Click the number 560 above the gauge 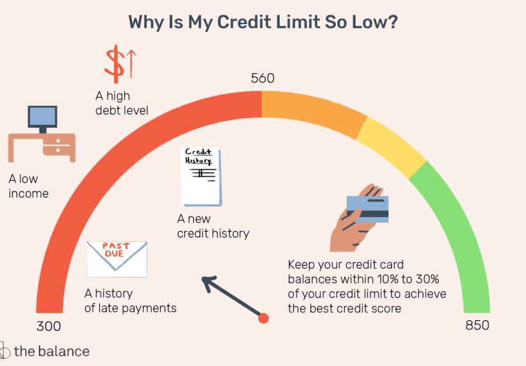tap(262, 78)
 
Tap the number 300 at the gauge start tap(48, 327)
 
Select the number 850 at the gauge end tap(477, 325)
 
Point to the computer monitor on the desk tap(43, 118)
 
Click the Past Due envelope tap(117, 258)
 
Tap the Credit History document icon tap(201, 176)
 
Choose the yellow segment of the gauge tap(390, 145)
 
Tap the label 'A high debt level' tap(122, 103)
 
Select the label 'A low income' tap(29, 186)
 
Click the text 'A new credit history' tap(213, 226)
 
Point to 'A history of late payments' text tap(130, 301)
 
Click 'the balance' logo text tap(51, 351)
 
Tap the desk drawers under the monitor tap(59, 145)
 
